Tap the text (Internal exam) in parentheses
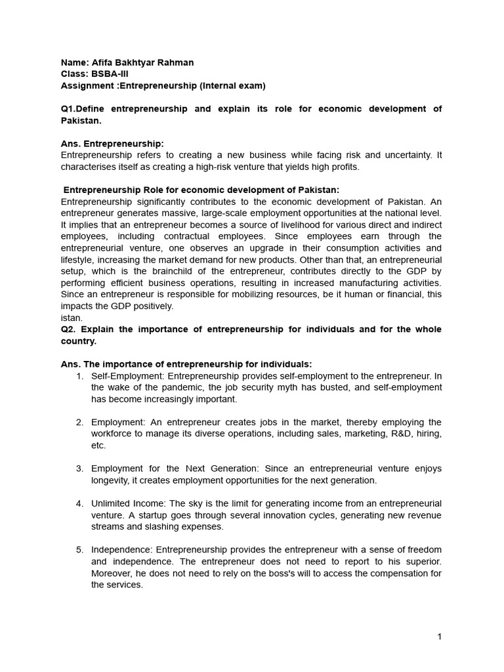(x=232, y=86)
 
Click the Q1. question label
(x=70, y=109)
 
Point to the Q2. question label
(x=70, y=329)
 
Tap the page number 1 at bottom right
(x=440, y=637)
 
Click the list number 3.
(x=79, y=469)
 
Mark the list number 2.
(x=79, y=422)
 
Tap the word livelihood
(x=287, y=224)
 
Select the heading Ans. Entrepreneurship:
(x=112, y=144)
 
